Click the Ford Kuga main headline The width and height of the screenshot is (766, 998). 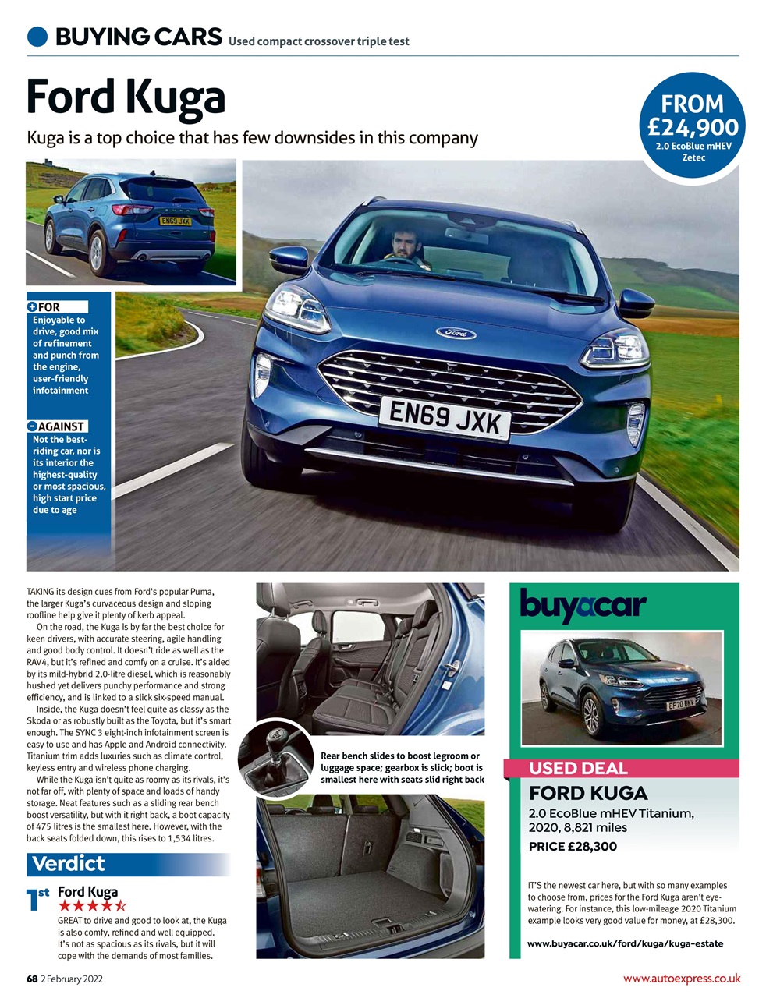click(126, 97)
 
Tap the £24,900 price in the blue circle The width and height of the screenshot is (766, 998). click(693, 126)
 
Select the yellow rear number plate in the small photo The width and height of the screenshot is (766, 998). click(175, 221)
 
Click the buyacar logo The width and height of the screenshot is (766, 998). click(583, 605)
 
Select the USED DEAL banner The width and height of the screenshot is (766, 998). click(578, 768)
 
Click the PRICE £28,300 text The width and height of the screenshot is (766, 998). click(573, 846)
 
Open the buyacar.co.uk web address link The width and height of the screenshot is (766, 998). click(625, 943)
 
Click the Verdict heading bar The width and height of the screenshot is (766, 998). click(129, 864)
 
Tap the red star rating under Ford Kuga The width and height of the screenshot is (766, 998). click(92, 906)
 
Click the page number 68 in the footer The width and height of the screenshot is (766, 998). click(32, 979)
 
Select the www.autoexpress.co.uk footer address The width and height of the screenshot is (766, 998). click(681, 979)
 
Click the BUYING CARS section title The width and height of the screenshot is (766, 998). click(138, 37)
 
